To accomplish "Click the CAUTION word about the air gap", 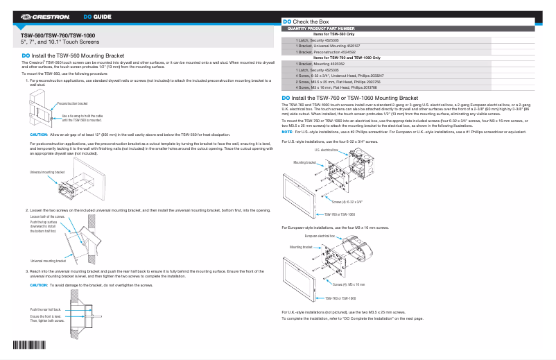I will (39, 133).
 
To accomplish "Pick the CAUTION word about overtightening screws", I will (39, 285).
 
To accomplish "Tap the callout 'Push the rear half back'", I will (46, 309).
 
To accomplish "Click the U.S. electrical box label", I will (326, 150).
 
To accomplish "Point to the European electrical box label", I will (320, 236).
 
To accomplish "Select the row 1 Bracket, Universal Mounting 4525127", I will (328, 46).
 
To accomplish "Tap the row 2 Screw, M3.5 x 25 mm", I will (328, 82).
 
